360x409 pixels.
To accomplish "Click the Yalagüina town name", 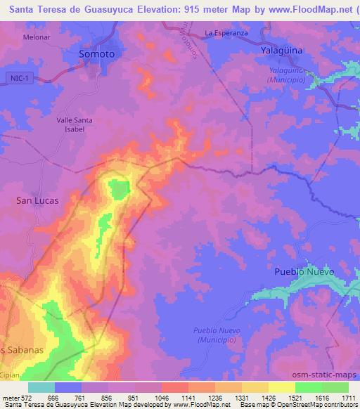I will (281, 51).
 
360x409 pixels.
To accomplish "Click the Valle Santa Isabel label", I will (75, 124).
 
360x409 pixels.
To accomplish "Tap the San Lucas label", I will (37, 200).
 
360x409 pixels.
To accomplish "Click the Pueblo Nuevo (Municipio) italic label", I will (217, 335).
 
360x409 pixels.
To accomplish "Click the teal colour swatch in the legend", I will (41, 387).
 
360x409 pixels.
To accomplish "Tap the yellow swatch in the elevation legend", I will (281, 387).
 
